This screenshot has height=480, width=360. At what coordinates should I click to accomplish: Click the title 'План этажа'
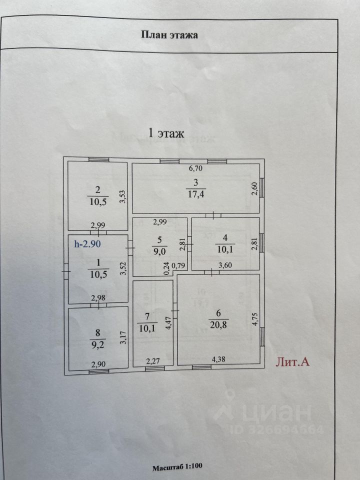click(x=169, y=34)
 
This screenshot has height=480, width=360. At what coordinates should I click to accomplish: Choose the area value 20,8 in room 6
click(x=218, y=324)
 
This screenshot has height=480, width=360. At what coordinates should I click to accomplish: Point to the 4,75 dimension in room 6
click(x=255, y=319)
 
